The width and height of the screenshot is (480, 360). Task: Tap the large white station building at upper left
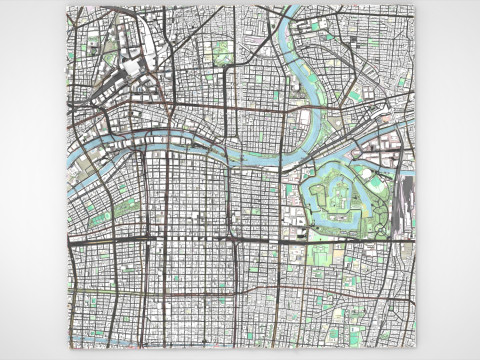131,68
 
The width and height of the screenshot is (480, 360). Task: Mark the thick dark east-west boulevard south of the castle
300,241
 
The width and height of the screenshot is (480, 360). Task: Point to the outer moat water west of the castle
306,195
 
